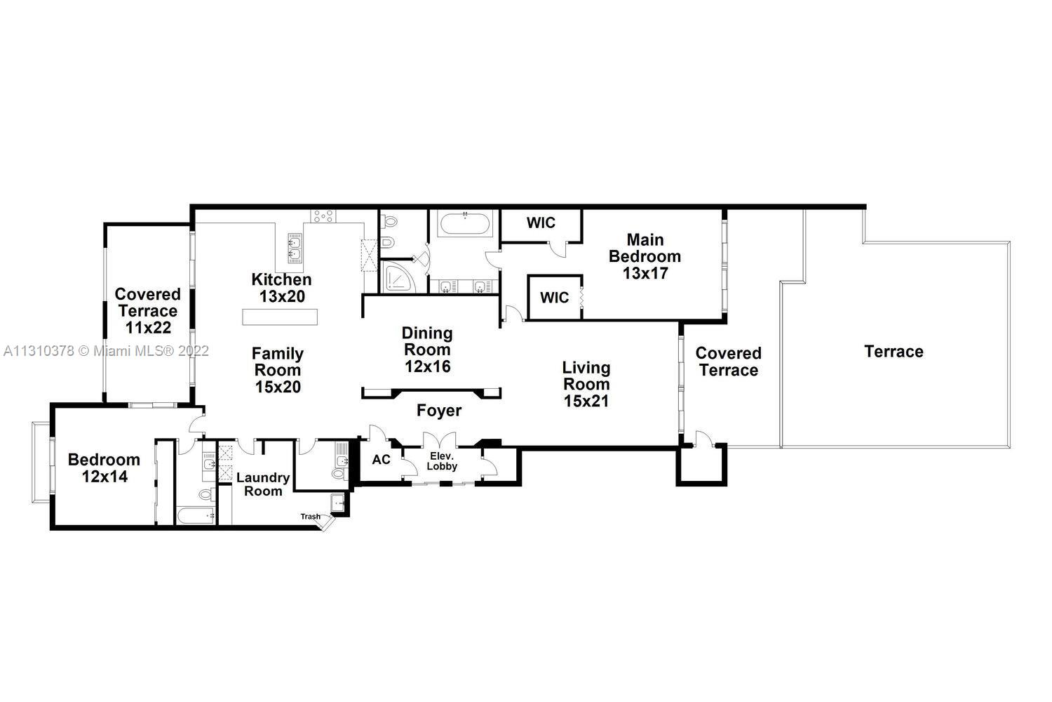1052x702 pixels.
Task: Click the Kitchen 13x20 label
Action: click(281, 288)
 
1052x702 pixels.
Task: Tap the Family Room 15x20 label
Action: click(278, 370)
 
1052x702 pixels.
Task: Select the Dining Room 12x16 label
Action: click(427, 350)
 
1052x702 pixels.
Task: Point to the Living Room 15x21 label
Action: click(586, 384)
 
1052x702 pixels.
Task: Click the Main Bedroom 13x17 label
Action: click(645, 256)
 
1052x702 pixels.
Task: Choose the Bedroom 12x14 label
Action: click(104, 468)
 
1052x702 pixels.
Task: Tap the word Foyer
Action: click(439, 411)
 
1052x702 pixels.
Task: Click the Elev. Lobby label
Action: click(442, 461)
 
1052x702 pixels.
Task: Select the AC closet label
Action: click(382, 459)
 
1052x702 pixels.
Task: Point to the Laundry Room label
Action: click(263, 484)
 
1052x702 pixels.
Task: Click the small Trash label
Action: click(311, 516)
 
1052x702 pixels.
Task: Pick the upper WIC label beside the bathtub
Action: click(541, 223)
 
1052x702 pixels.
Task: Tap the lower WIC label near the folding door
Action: click(554, 297)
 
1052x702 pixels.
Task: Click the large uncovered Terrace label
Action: click(893, 351)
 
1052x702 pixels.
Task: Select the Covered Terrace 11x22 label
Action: click(147, 311)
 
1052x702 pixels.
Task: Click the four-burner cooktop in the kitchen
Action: click(323, 216)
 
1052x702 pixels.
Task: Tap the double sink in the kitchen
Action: click(295, 248)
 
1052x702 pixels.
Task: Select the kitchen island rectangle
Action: click(280, 317)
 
